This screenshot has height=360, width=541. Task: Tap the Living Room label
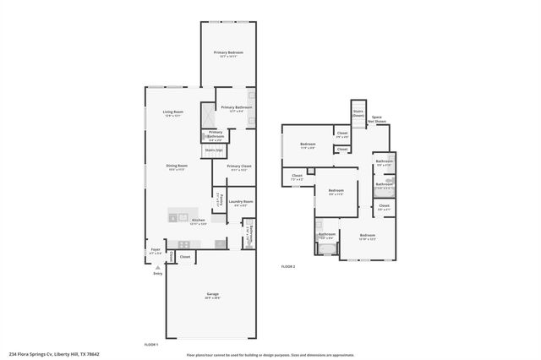(x=174, y=112)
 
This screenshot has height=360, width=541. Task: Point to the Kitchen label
(x=198, y=221)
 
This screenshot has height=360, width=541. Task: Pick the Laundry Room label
(x=236, y=202)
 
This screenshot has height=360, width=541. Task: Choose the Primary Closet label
(x=239, y=166)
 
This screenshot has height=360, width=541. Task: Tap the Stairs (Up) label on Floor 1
(x=214, y=150)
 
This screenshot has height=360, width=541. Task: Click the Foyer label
(x=156, y=250)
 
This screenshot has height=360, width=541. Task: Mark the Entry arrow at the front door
(x=156, y=267)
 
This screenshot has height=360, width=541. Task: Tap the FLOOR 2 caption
(x=288, y=266)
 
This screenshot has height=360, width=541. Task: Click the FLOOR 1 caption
(x=150, y=345)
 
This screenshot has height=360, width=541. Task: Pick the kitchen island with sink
(x=180, y=216)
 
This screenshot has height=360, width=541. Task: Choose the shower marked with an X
(x=206, y=114)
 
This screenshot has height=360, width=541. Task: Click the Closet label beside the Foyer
(x=184, y=256)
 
